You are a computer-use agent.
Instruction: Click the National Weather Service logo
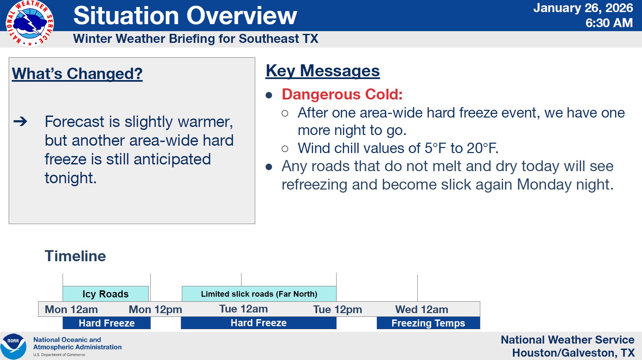tap(30, 23)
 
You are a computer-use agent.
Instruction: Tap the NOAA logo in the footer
tap(13, 346)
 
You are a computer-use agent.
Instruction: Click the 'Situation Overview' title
tap(185, 15)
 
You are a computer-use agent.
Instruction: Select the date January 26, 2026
tap(583, 8)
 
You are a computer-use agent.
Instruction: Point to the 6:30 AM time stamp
tap(609, 23)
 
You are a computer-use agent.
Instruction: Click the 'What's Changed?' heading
tap(77, 74)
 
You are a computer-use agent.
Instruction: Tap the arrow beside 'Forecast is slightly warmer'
tap(20, 121)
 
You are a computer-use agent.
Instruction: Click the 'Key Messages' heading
tap(323, 71)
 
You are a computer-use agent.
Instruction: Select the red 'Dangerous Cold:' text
tap(342, 94)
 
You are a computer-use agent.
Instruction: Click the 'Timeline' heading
tap(75, 256)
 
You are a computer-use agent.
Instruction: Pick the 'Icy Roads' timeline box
tap(105, 294)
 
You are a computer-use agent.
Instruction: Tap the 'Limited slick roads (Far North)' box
tap(259, 294)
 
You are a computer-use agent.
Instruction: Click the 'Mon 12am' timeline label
tap(71, 309)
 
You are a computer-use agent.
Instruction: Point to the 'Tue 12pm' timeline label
tap(338, 309)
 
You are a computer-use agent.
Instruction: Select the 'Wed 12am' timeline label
tap(422, 309)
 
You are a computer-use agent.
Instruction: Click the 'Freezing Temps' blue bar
tap(428, 323)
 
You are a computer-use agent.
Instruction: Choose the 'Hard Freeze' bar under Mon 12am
tap(106, 323)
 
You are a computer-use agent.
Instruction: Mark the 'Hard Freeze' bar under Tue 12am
tap(259, 323)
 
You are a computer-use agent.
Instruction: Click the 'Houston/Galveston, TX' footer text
tap(573, 353)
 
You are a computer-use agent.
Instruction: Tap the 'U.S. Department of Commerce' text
tap(59, 355)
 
